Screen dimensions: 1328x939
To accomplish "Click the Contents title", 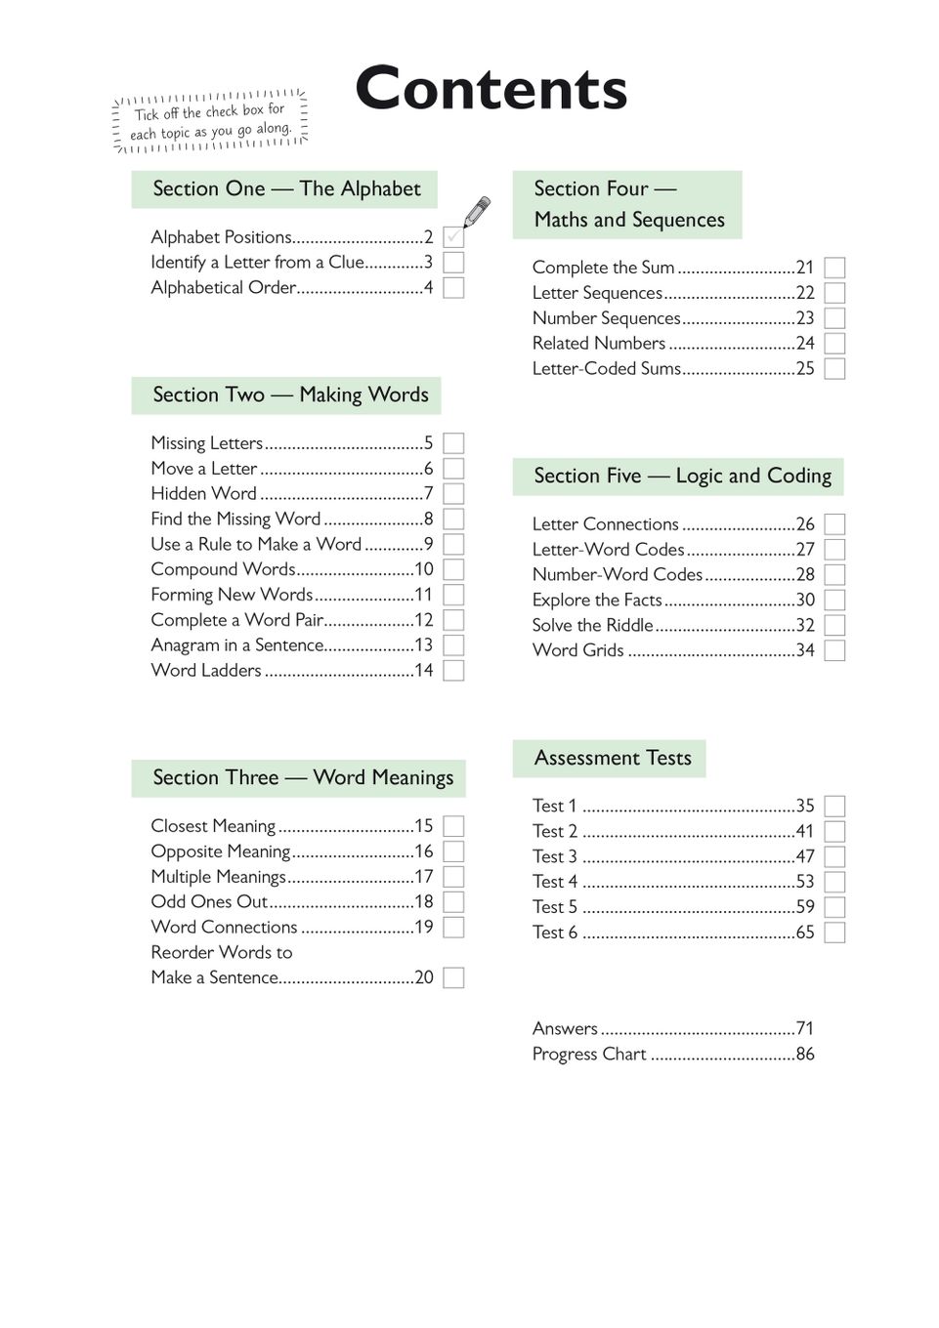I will pos(491,89).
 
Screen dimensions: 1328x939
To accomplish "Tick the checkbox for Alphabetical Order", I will pos(453,288).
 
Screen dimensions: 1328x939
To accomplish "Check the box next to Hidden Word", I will pos(453,494).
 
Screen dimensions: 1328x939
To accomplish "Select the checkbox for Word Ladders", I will pos(453,671).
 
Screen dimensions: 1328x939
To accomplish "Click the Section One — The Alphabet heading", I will pos(285,189).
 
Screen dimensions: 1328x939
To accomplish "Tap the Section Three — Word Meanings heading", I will pos(302,778).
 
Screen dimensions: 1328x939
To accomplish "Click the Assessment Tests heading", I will pos(612,759).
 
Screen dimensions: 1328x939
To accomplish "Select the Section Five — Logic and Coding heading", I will pos(681,477).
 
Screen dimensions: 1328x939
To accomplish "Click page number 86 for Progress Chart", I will pos(804,1055).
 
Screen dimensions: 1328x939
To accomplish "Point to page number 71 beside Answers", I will pos(804,1029).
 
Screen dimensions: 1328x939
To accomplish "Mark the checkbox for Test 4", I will pos(834,882).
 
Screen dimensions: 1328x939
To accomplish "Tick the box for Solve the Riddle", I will pos(834,626).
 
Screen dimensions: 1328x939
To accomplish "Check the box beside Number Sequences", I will pos(834,318).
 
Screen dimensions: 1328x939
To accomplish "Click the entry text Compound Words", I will pos(223,569).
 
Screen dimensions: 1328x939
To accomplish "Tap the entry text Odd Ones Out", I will pos(209,902).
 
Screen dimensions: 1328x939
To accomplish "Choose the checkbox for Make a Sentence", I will pos(453,978).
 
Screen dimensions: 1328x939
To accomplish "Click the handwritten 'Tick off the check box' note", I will pos(211,122).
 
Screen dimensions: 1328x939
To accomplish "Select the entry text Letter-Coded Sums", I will pos(606,369).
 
